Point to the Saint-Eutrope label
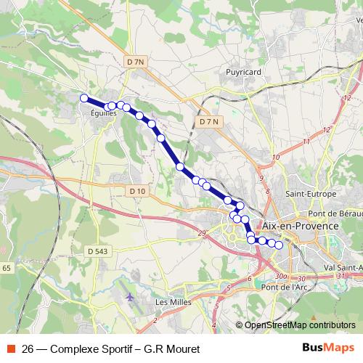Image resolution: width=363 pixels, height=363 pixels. click(311, 195)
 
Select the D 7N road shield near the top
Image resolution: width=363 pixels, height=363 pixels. click(136, 62)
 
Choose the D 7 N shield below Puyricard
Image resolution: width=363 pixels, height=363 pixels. click(208, 122)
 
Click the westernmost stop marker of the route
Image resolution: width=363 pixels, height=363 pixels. click(83, 98)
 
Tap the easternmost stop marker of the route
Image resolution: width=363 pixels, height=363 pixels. click(278, 245)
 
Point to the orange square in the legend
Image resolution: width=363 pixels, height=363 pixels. click(10, 349)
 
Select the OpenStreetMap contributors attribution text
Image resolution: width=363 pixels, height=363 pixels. click(299, 325)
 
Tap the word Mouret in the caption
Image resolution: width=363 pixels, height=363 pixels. click(181, 349)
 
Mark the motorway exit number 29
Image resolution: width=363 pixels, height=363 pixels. click(202, 233)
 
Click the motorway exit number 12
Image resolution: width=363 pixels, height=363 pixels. click(327, 129)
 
